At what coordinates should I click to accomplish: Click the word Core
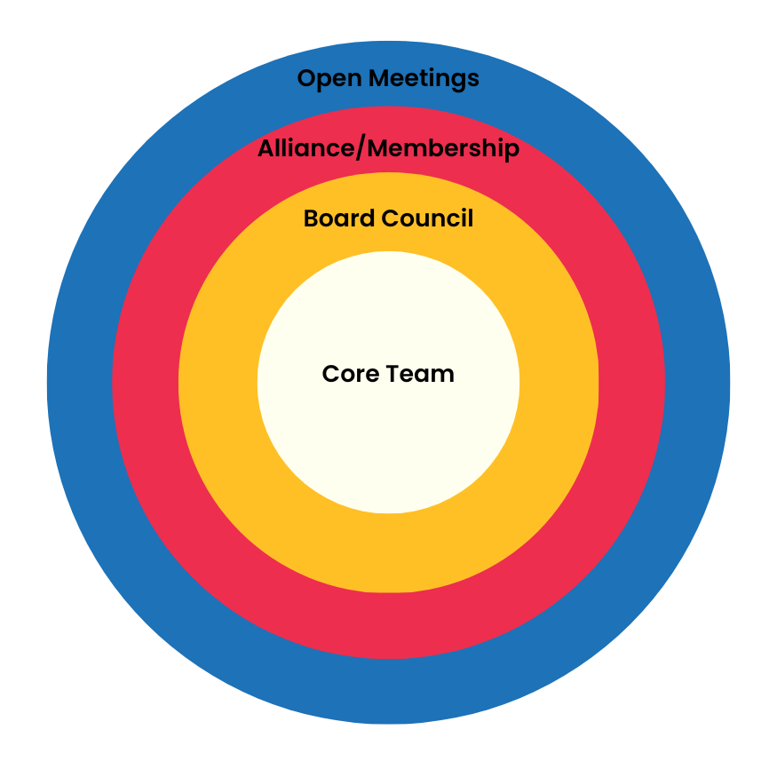point(349,374)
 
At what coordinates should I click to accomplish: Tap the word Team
point(420,374)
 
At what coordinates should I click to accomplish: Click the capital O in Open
point(305,79)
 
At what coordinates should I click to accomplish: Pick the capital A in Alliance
point(266,149)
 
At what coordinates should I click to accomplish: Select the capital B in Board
point(312,218)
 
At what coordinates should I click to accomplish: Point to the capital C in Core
point(330,374)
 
